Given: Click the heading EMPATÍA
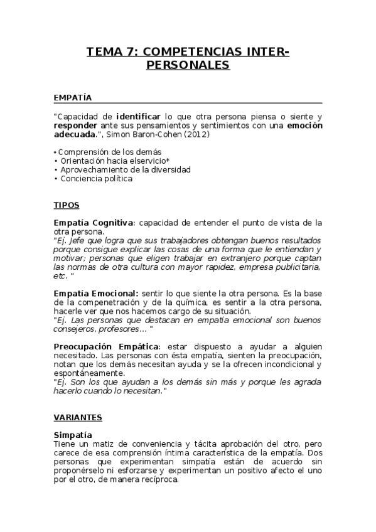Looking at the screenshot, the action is pyautogui.click(x=73, y=98).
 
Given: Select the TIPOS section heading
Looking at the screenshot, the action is pyautogui.click(x=67, y=205).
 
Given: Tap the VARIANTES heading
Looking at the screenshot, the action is pyautogui.click(x=78, y=417).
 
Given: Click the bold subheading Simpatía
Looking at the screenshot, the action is pyautogui.click(x=73, y=435).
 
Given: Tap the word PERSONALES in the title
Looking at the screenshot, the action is pyautogui.click(x=188, y=65).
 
